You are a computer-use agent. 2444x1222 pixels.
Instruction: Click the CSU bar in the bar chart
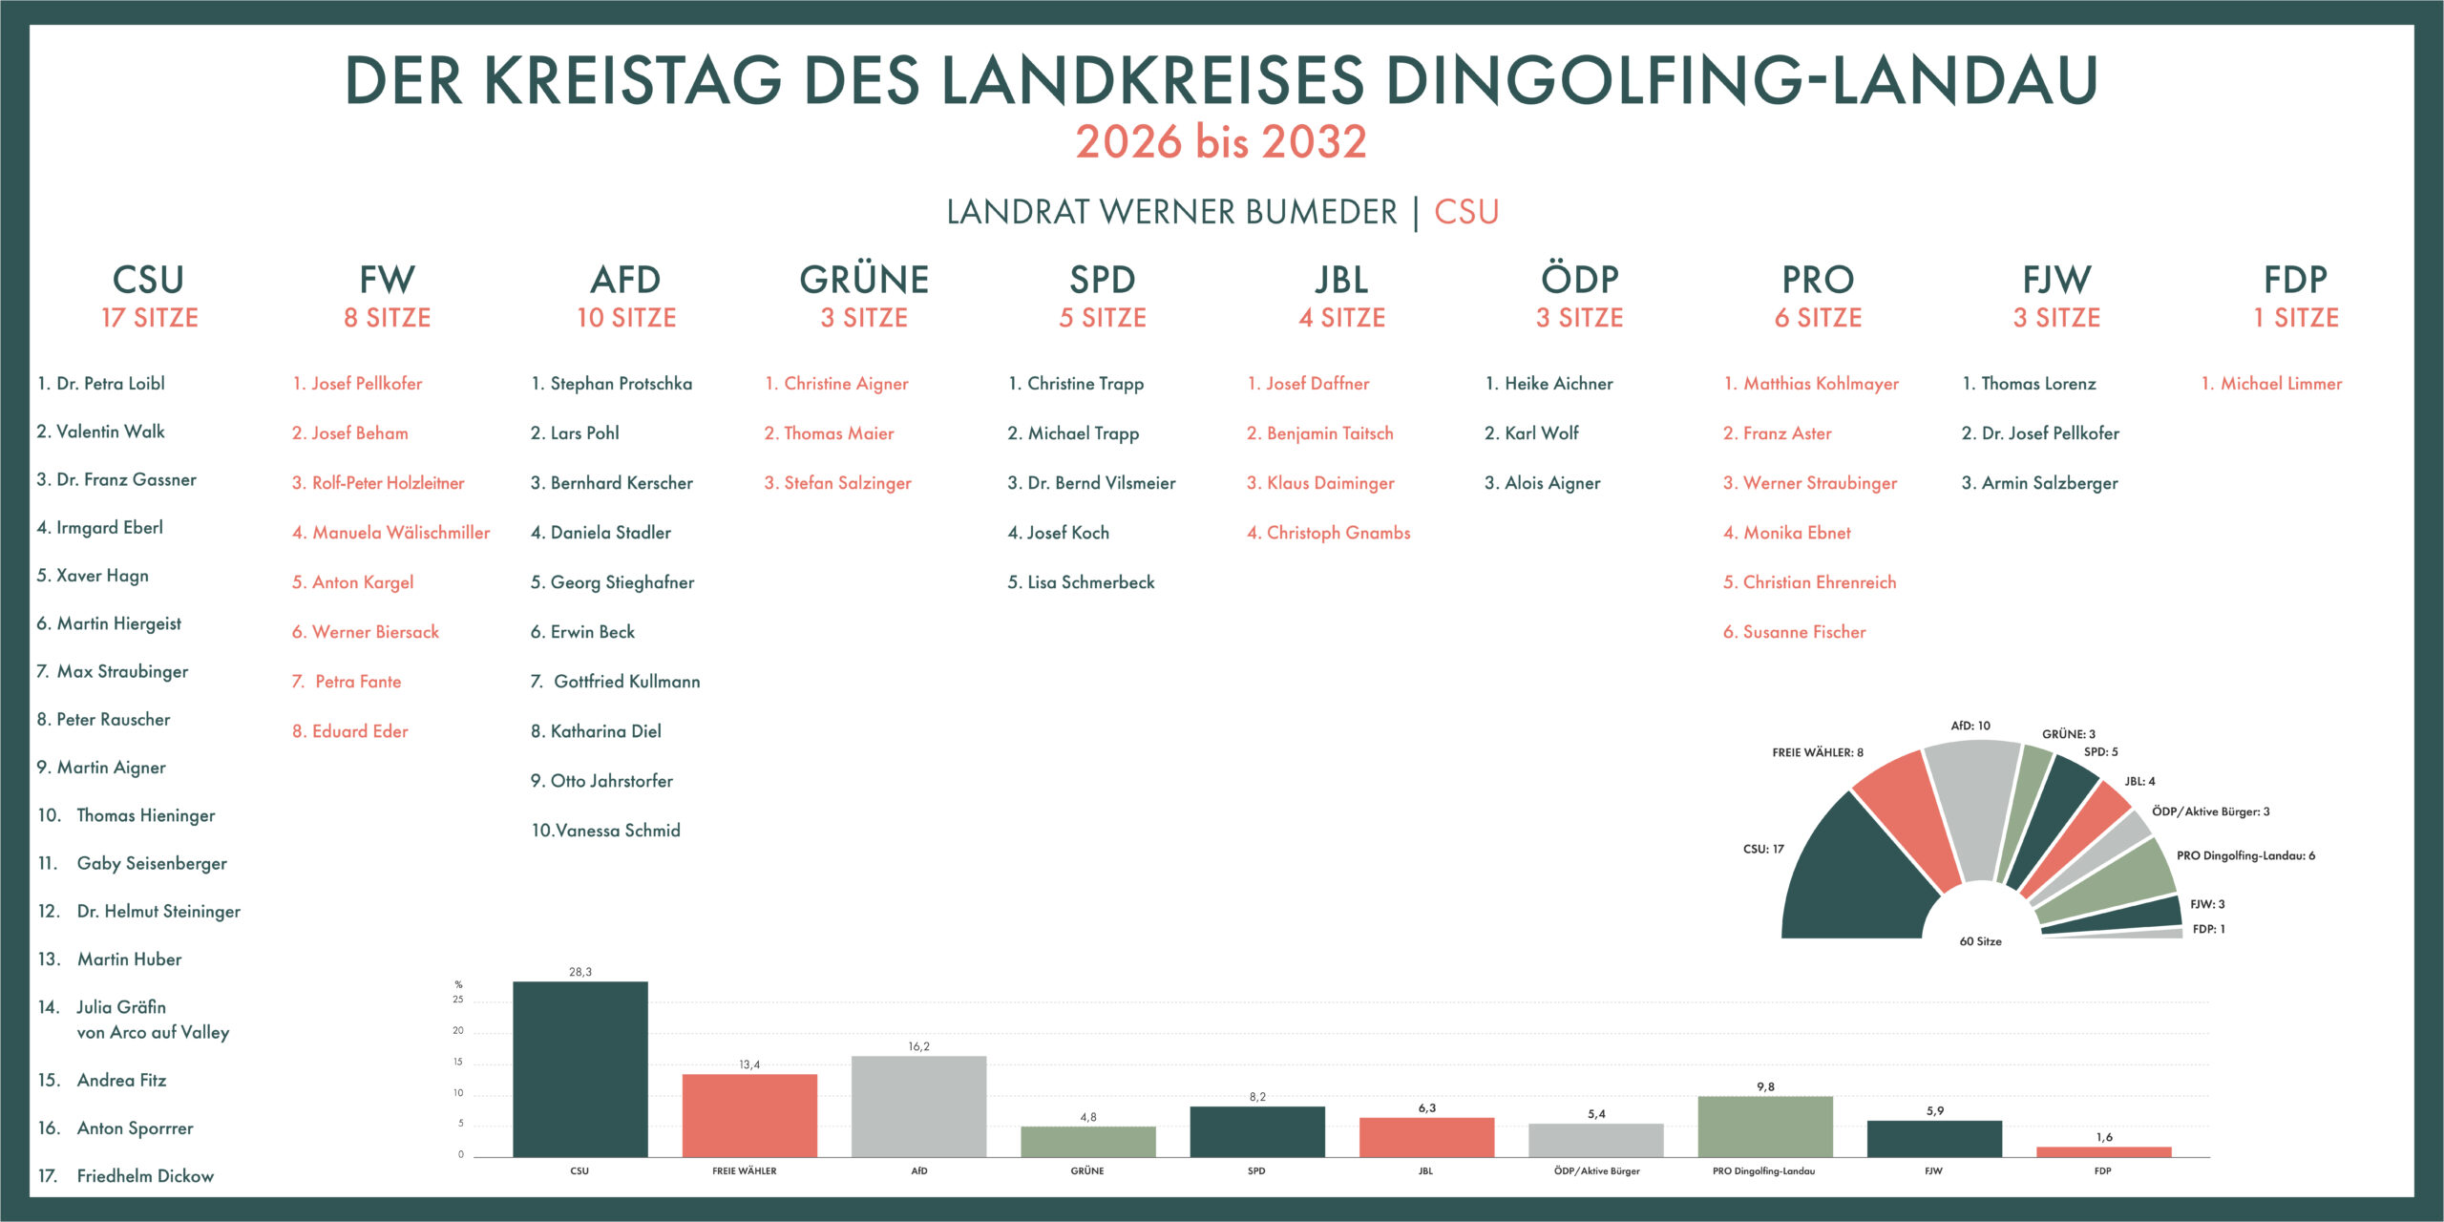click(x=579, y=1069)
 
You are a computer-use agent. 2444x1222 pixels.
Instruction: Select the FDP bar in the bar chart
click(x=2103, y=1151)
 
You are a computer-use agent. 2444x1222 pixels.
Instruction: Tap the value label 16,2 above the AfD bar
click(x=918, y=1046)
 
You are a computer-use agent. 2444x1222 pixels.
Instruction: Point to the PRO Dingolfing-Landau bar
click(x=1765, y=1127)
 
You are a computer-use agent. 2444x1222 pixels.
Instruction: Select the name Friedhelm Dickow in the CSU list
click(x=145, y=1176)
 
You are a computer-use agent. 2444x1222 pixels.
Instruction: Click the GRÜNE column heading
click(x=864, y=280)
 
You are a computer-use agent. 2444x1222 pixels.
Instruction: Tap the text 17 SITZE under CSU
click(x=150, y=318)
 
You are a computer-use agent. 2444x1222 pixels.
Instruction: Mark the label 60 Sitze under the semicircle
click(x=1980, y=941)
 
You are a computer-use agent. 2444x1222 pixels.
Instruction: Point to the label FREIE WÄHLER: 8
click(x=1817, y=752)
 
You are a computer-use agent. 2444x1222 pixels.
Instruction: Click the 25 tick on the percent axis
click(x=458, y=1000)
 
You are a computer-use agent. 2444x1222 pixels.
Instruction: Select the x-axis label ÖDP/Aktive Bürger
click(x=1596, y=1170)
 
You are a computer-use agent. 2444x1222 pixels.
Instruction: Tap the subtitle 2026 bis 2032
click(x=1221, y=141)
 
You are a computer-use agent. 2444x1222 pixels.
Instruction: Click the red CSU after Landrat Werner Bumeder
click(x=1466, y=212)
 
